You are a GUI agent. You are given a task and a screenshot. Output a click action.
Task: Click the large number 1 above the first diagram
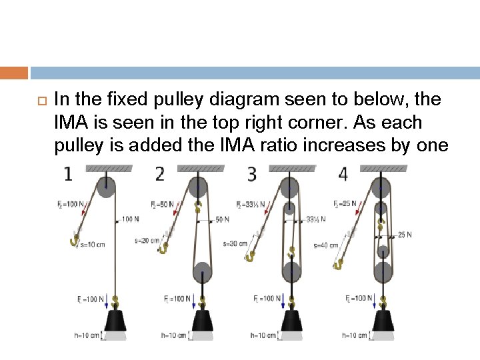pyautogui.click(x=68, y=175)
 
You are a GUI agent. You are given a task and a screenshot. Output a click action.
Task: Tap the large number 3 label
pyautogui.click(x=251, y=175)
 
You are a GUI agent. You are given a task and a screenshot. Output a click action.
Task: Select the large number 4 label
pyautogui.click(x=343, y=175)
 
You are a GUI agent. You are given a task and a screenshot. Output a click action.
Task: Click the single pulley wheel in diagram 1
pyautogui.click(x=107, y=187)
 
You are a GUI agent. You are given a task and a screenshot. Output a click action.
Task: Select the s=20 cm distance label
pyautogui.click(x=147, y=241)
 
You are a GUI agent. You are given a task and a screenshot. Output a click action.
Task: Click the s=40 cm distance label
pyautogui.click(x=327, y=245)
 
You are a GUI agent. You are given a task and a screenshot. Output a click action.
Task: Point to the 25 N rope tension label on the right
pyautogui.click(x=405, y=234)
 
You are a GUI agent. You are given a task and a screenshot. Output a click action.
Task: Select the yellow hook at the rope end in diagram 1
pyautogui.click(x=75, y=241)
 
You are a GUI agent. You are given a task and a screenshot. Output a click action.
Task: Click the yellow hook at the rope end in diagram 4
pyautogui.click(x=338, y=265)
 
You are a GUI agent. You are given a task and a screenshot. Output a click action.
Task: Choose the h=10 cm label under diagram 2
pyautogui.click(x=173, y=335)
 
